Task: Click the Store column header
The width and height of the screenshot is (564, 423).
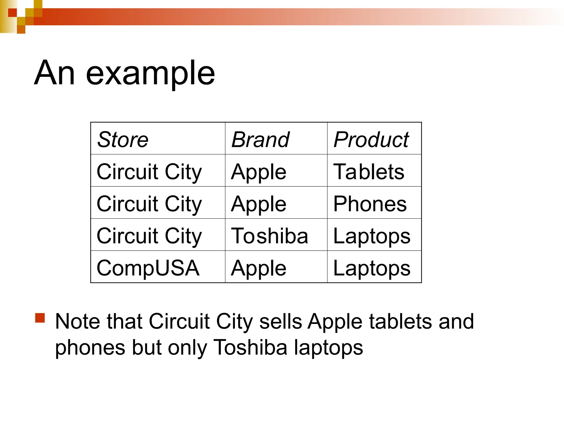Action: pos(123,139)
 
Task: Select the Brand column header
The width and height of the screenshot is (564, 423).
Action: pos(260,139)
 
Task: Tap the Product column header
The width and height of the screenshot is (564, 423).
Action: pos(371,139)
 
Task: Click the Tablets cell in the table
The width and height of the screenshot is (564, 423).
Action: pos(369,172)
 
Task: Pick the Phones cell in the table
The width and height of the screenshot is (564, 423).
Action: pos(370,204)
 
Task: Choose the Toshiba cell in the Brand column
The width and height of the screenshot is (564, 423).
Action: pos(270,236)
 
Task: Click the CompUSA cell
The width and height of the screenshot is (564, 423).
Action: pos(148,268)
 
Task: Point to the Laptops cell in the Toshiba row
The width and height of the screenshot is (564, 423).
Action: pos(372,236)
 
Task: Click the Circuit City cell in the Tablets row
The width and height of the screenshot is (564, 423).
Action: pos(149,172)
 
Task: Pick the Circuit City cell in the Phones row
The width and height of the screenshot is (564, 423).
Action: pos(149,204)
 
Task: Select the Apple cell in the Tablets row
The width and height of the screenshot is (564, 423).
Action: pos(259,172)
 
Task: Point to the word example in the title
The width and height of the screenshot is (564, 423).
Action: pos(150,73)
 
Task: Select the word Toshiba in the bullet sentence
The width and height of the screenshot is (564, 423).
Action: pos(250,347)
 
